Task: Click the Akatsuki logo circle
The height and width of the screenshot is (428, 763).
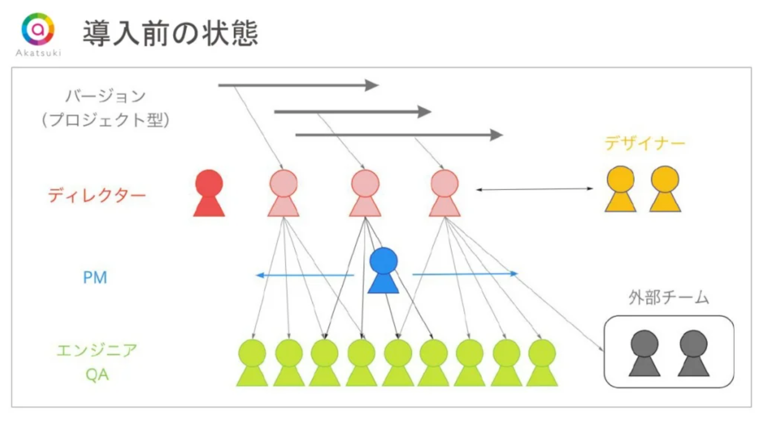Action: click(x=38, y=29)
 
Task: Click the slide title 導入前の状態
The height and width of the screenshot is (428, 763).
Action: click(x=170, y=34)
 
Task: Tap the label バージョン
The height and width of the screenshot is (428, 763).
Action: click(x=105, y=96)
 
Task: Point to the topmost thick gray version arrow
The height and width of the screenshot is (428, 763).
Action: click(x=298, y=85)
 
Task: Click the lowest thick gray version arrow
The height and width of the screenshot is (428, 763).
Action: click(x=398, y=135)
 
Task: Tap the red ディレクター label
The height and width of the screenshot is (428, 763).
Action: click(x=97, y=196)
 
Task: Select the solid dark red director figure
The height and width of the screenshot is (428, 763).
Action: click(x=209, y=194)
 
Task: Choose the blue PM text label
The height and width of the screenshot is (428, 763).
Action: click(x=95, y=278)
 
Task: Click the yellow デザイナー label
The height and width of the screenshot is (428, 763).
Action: click(x=645, y=144)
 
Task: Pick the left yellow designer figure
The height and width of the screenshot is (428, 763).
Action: click(x=620, y=189)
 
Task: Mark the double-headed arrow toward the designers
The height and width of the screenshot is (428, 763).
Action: click(x=534, y=189)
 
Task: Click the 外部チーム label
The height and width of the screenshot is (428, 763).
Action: click(x=669, y=298)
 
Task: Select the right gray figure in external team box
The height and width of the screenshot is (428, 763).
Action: click(x=693, y=354)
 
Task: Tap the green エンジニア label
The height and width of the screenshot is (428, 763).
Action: click(x=97, y=350)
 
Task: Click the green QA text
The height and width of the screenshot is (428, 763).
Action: click(x=97, y=375)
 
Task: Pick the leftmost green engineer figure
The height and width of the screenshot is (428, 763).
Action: click(x=252, y=363)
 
